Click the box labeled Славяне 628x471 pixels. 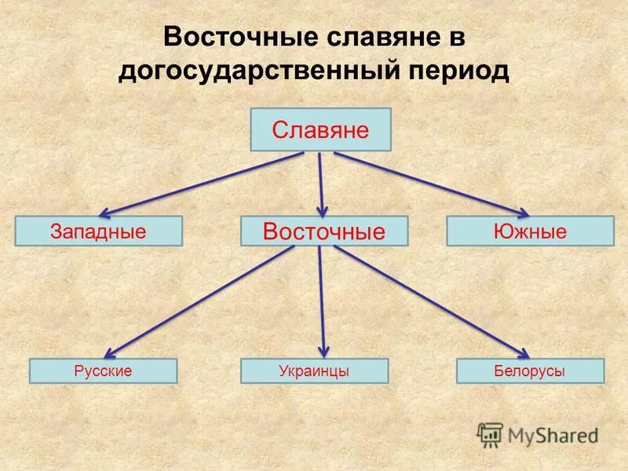[x=320, y=130]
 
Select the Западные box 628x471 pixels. [x=99, y=232]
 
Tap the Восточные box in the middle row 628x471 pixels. [x=324, y=232]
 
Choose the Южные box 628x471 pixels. [x=530, y=232]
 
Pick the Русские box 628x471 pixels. [x=103, y=371]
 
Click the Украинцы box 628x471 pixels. [x=314, y=371]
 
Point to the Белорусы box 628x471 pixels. [x=531, y=371]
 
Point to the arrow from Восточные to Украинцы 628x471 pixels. [x=322, y=302]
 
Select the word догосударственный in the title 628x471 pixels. [x=261, y=71]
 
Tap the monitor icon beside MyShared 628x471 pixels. [x=490, y=434]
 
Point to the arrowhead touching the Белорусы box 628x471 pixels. [x=524, y=355]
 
